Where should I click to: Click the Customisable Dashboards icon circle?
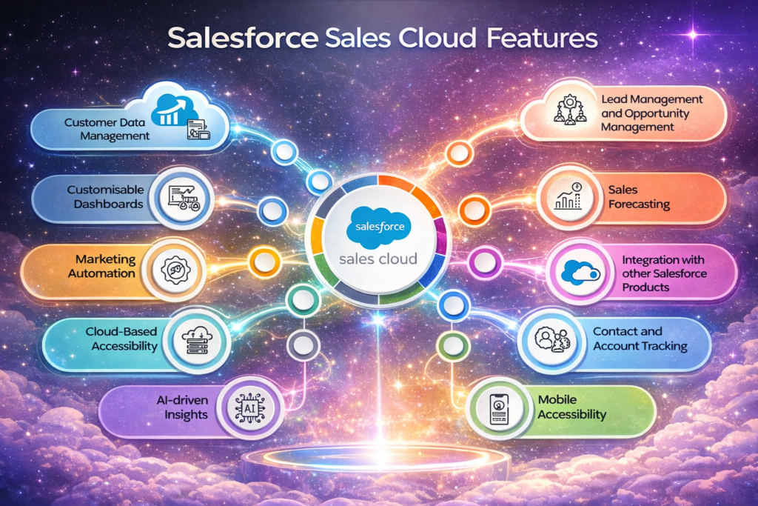pos(182,197)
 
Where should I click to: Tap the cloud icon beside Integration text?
pos(579,273)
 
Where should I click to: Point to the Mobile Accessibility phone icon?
pos(502,407)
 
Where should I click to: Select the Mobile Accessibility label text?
pos(571,407)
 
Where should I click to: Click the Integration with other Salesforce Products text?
pos(663,273)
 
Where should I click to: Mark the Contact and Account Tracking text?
pos(640,339)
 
